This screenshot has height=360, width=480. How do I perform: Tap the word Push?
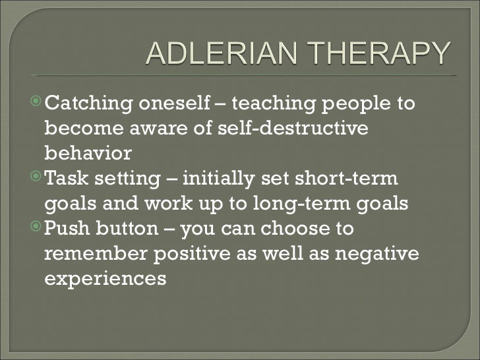coord(67,229)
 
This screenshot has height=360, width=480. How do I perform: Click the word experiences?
coord(105,279)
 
